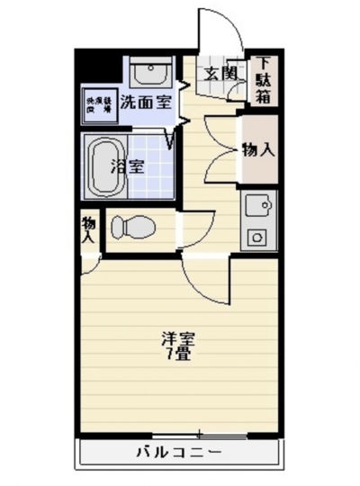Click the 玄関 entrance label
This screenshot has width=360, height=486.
click(x=219, y=74)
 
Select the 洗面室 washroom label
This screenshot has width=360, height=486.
click(x=145, y=101)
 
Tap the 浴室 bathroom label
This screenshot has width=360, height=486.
click(x=128, y=166)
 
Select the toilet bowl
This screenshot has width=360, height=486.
click(x=132, y=229)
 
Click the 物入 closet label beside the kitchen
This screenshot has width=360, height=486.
click(x=258, y=150)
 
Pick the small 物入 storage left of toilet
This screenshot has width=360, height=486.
click(x=88, y=230)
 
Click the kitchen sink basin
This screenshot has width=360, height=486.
click(x=258, y=206)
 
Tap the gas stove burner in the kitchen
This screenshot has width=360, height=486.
click(x=258, y=238)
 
